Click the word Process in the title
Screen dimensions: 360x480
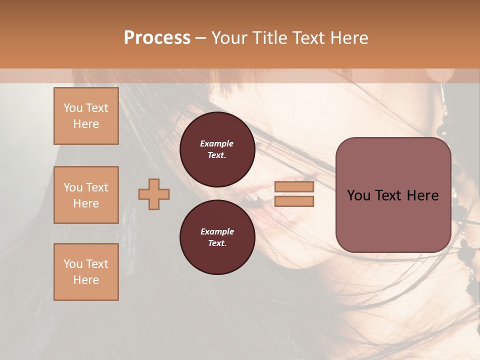click(157, 38)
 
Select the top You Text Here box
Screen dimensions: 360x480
click(86, 116)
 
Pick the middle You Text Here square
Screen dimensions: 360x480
click(86, 195)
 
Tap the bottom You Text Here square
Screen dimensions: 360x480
click(86, 272)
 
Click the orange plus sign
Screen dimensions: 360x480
click(154, 194)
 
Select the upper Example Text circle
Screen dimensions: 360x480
click(217, 149)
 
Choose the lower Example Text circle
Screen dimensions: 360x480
click(217, 237)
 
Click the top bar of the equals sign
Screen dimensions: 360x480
click(294, 187)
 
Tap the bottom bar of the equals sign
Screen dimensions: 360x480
click(294, 201)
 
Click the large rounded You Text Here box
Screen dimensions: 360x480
click(393, 195)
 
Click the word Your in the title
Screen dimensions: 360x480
click(230, 38)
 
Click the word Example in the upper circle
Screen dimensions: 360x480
click(217, 143)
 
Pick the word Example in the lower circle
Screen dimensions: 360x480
click(217, 231)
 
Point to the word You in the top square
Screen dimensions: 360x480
click(73, 108)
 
